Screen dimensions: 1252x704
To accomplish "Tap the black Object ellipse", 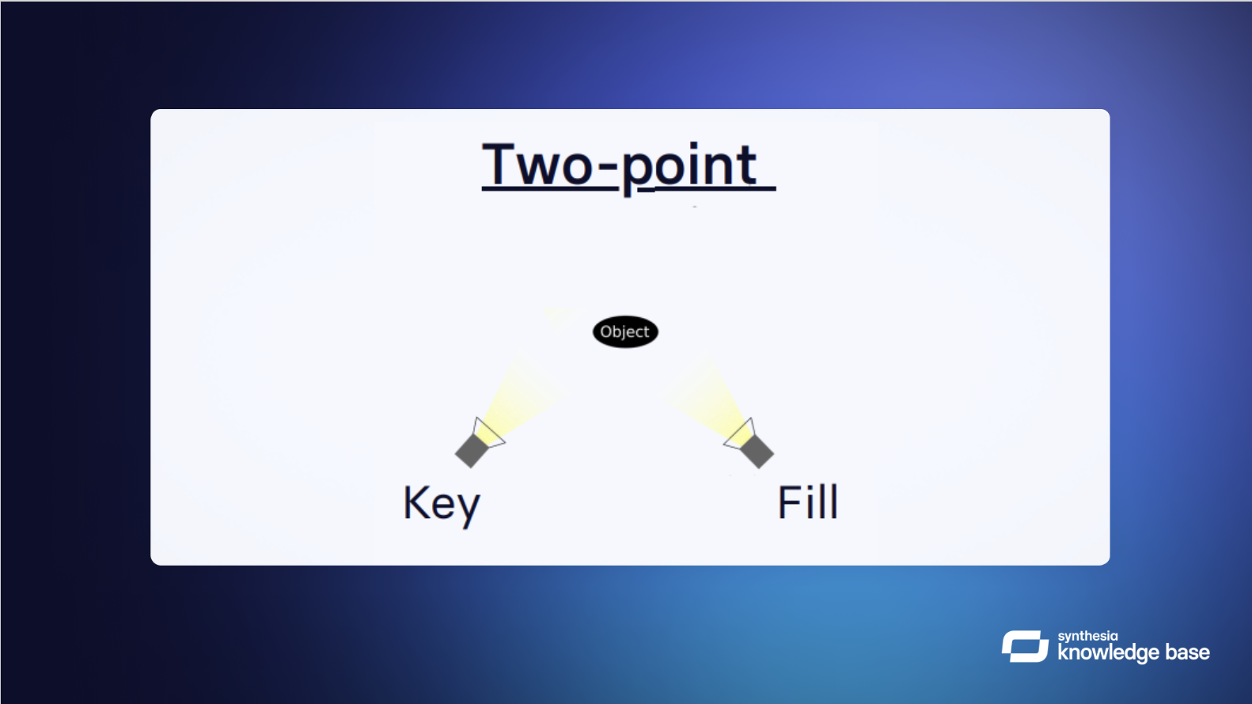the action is click(x=625, y=332).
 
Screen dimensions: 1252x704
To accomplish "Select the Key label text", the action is click(x=442, y=505).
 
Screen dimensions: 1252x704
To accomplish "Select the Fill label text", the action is click(x=808, y=502).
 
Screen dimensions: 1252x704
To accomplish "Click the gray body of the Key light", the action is click(x=472, y=451).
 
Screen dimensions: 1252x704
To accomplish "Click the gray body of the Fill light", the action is click(x=757, y=452).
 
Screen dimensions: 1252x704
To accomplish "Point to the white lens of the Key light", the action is click(x=489, y=433).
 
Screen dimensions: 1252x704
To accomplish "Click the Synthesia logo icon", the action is click(x=1025, y=646).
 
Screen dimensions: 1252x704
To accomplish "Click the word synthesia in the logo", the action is click(x=1087, y=637).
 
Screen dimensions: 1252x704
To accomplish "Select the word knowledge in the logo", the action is click(x=1108, y=653).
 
